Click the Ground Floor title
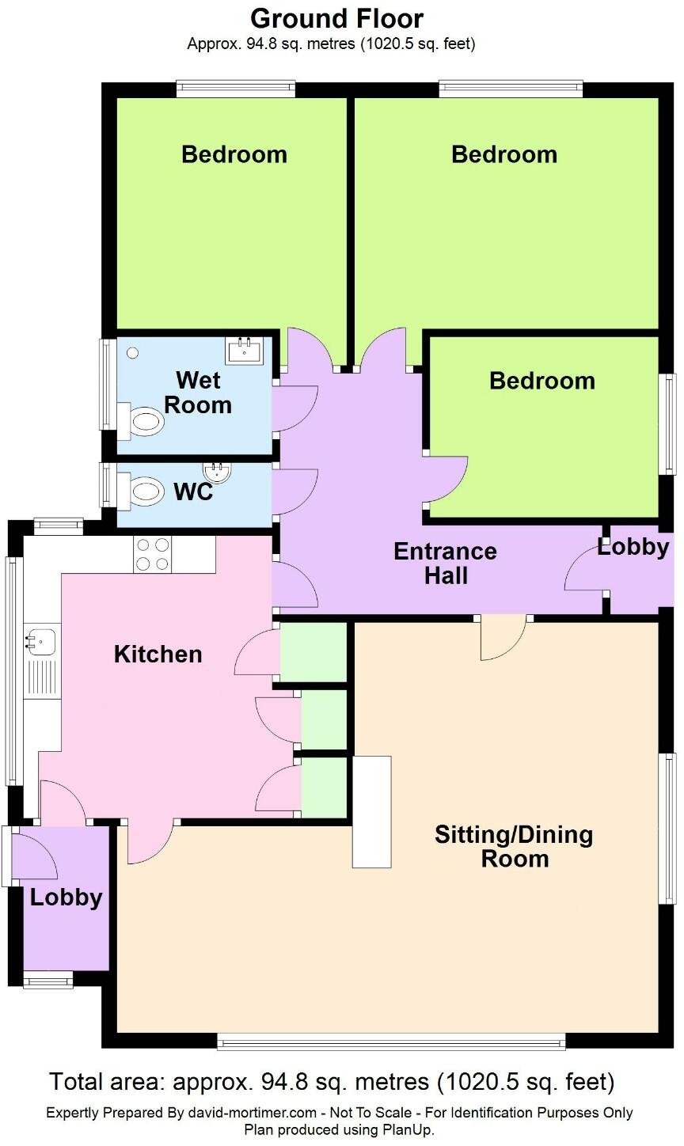click(336, 18)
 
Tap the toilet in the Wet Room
click(142, 420)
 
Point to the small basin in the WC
click(218, 473)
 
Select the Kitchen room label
click(158, 655)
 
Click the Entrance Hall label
click(445, 563)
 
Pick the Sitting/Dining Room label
click(514, 846)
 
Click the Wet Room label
click(198, 393)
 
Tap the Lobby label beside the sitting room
click(66, 897)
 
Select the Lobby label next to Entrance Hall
click(633, 547)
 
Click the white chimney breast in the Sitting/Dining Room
click(372, 812)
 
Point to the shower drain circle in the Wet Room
click(132, 353)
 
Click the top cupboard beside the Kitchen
click(313, 652)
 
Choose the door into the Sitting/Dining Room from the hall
click(503, 637)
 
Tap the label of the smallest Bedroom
click(542, 381)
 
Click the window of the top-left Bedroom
click(236, 90)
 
